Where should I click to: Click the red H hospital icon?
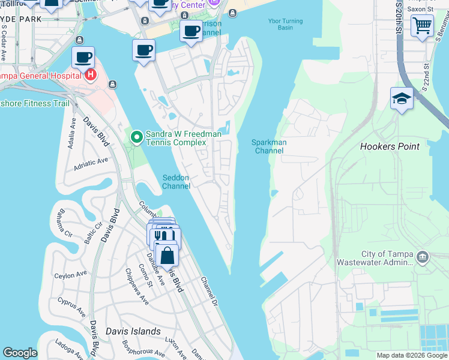point(90,75)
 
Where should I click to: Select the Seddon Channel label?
point(176,182)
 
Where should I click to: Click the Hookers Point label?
point(388,146)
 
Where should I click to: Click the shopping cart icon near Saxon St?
point(422,26)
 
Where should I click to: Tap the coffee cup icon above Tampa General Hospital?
point(83,58)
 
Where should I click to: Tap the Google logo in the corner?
point(20,353)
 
